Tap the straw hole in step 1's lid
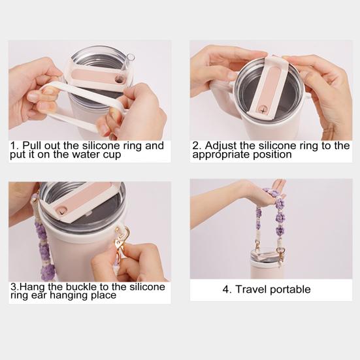click(x=119, y=80)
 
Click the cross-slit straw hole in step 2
click(x=263, y=110)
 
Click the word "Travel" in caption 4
click(x=251, y=289)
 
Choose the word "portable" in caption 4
click(x=290, y=289)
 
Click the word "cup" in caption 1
click(x=112, y=154)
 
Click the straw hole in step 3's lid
click(x=61, y=211)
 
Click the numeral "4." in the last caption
click(x=227, y=289)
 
